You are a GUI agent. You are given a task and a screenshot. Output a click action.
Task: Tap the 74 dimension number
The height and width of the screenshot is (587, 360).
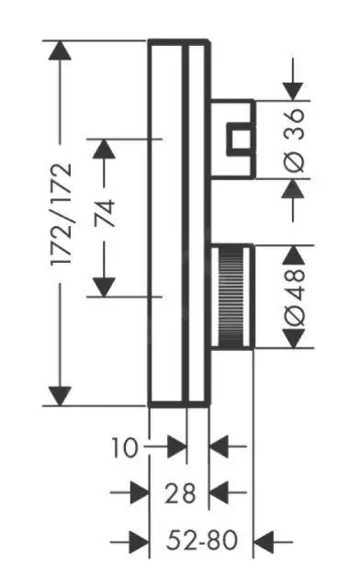click(105, 215)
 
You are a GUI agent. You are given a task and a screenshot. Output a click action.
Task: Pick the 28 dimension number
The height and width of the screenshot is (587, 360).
click(181, 493)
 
